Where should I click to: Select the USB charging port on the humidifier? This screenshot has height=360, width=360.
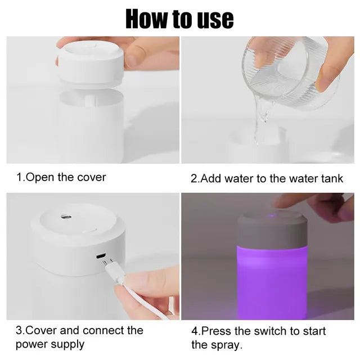[101, 256]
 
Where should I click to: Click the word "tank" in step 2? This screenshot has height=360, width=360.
[332, 179]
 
